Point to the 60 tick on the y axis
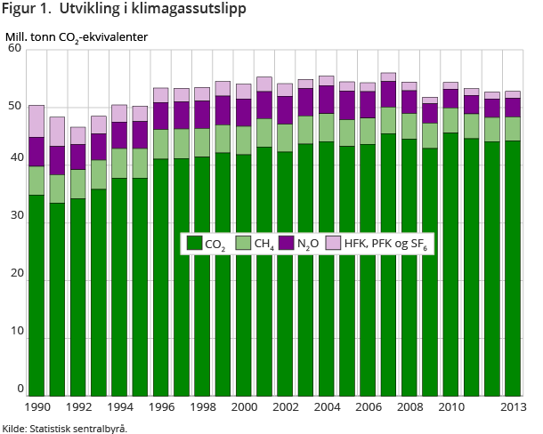tap(14, 48)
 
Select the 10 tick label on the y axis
tap(14, 339)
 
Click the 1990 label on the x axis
tap(36, 407)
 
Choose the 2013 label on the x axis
tap(512, 407)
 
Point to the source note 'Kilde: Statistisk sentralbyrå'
tap(65, 428)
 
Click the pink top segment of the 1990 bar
tap(36, 121)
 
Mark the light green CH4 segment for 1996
tap(162, 144)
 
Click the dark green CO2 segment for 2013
tap(513, 268)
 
